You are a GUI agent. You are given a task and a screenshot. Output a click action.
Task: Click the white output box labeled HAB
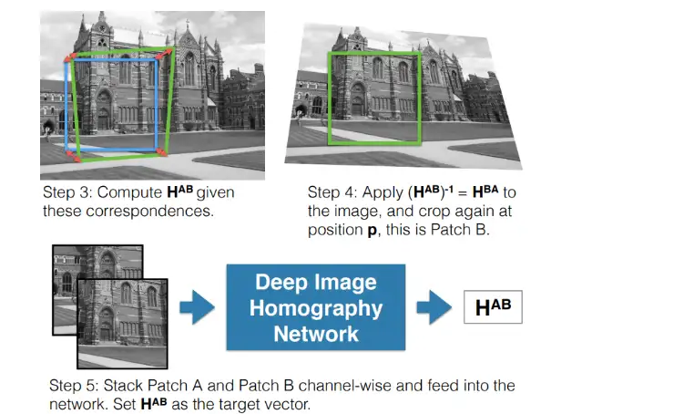point(493,307)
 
